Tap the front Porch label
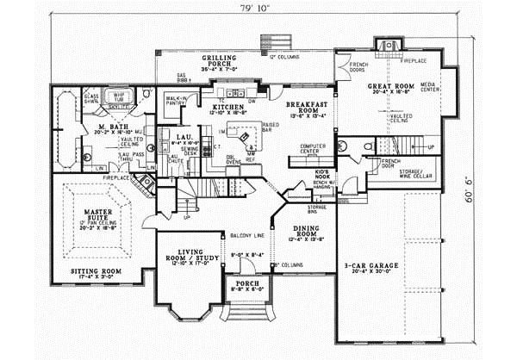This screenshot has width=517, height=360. (x=244, y=287)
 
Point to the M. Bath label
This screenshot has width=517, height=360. (x=112, y=126)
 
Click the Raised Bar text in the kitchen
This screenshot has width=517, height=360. (x=271, y=127)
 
